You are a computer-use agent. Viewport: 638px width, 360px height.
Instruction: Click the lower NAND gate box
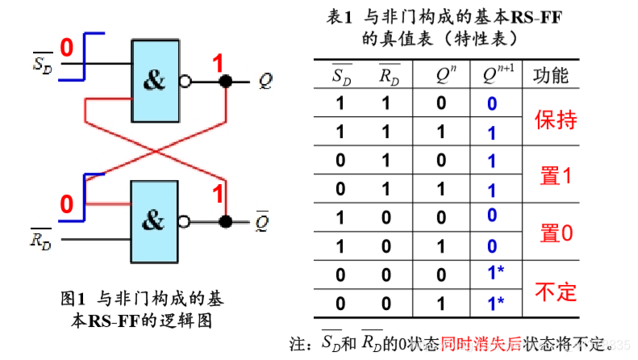(x=153, y=218)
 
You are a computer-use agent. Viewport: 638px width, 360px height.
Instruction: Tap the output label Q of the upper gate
(x=266, y=81)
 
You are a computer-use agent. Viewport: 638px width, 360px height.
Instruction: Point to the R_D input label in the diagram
(x=40, y=239)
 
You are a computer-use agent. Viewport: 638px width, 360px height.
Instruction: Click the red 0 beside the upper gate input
(x=67, y=48)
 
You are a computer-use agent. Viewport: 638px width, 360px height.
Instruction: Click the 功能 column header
(x=552, y=76)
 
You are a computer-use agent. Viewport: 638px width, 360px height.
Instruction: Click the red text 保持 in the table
(x=556, y=119)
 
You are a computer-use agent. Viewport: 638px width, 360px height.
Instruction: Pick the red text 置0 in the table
(x=556, y=233)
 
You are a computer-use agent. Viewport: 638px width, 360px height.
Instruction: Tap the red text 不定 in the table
(x=556, y=291)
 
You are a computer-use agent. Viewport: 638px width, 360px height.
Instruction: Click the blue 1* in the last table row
(x=495, y=303)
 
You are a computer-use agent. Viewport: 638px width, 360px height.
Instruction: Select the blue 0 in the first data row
(x=491, y=104)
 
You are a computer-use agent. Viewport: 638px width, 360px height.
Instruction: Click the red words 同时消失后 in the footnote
(x=482, y=343)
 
